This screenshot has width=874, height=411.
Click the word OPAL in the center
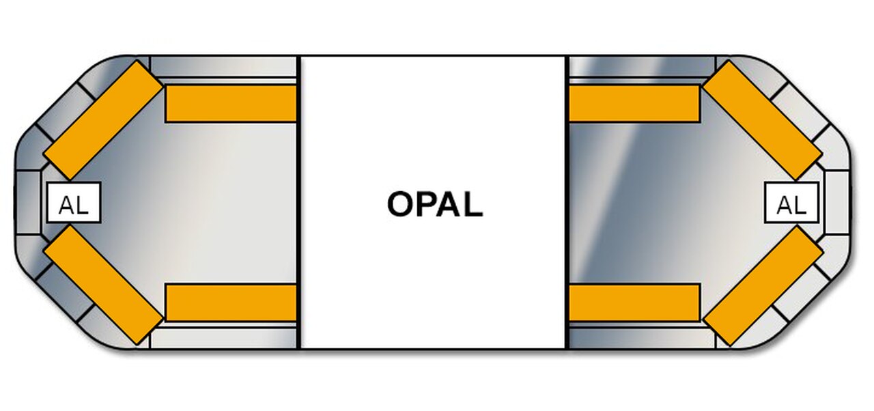click(x=434, y=204)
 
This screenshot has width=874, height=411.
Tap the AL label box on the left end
click(x=74, y=203)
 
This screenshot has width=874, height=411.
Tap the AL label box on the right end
click(x=791, y=203)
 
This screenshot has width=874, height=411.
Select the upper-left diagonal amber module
click(x=102, y=120)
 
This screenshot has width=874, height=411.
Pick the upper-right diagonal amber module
click(x=763, y=120)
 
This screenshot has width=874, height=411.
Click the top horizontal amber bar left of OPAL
click(x=231, y=104)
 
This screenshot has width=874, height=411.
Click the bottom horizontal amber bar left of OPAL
click(x=231, y=302)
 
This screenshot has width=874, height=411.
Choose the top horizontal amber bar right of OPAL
click(x=634, y=104)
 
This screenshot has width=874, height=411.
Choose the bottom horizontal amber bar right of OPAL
click(x=634, y=302)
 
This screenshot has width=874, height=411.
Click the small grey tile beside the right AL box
click(x=836, y=203)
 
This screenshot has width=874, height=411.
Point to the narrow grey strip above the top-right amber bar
click(x=642, y=66)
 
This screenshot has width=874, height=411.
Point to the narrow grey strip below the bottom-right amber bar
click(x=642, y=338)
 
